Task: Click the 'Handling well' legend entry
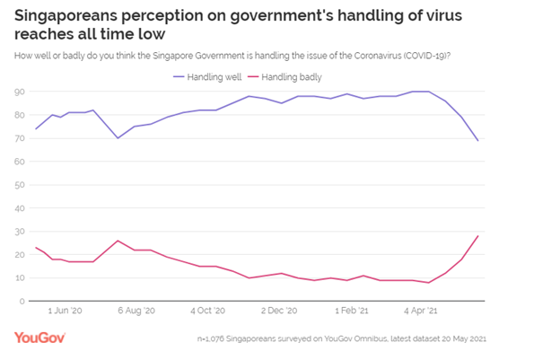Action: click(x=208, y=77)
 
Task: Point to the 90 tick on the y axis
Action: click(x=18, y=92)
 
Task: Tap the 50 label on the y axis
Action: click(x=18, y=185)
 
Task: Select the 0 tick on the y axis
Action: click(x=21, y=301)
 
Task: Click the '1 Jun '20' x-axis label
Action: click(x=64, y=312)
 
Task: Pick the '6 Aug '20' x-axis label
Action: click(x=137, y=312)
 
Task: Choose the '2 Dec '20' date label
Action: click(x=278, y=312)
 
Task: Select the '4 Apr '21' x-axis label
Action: click(x=420, y=312)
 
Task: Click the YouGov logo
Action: click(x=39, y=338)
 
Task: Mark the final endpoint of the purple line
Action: click(x=478, y=140)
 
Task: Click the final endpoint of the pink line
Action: click(x=478, y=235)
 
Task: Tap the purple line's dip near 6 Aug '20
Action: click(x=118, y=138)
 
